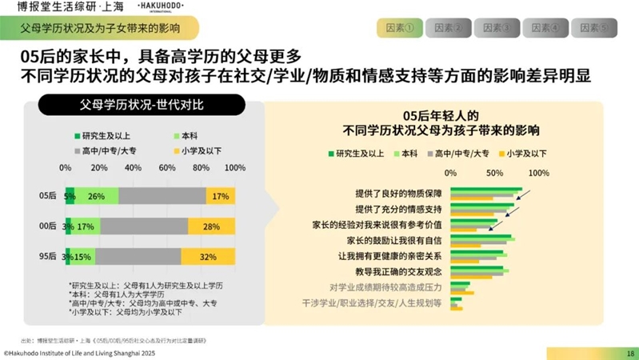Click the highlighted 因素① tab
pyautogui.click(x=399, y=28)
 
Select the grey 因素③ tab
pyautogui.click(x=497, y=28)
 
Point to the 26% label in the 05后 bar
pyautogui.click(x=97, y=196)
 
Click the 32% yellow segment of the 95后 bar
pyautogui.click(x=209, y=257)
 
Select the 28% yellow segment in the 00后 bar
pyautogui.click(x=212, y=226)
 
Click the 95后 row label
pyautogui.click(x=48, y=257)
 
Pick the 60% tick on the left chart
pyautogui.click(x=167, y=168)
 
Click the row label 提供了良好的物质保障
pyautogui.click(x=398, y=194)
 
